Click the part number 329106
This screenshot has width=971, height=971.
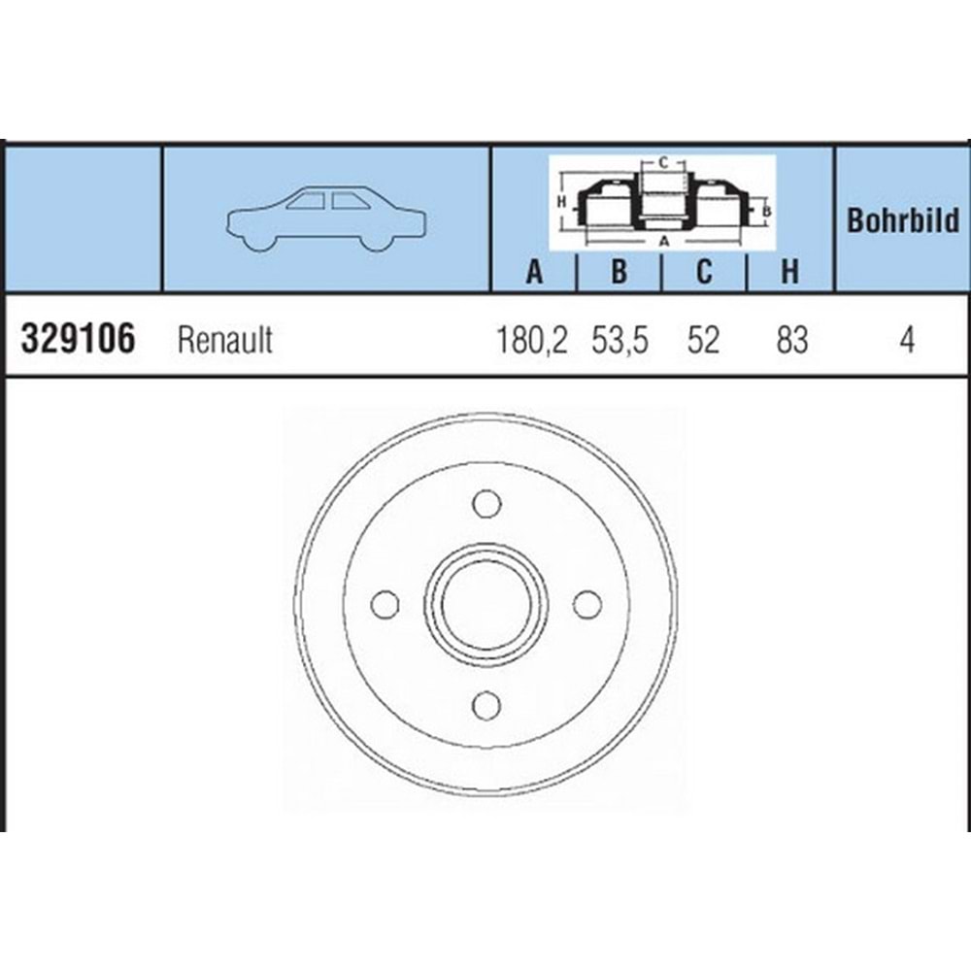coord(77,340)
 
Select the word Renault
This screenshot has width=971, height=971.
coord(225,340)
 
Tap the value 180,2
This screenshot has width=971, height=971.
coord(531,340)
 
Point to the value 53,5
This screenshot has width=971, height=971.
coord(619,340)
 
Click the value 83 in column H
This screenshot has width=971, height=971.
coord(791,340)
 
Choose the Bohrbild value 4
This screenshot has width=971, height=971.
coord(906,340)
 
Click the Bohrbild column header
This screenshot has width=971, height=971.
coord(903,220)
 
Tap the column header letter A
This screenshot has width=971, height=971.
coord(533,273)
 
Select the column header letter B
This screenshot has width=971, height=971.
coord(619,273)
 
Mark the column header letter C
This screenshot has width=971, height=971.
coord(704,273)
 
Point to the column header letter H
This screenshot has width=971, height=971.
coord(790,273)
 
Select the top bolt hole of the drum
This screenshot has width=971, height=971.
coord(486,503)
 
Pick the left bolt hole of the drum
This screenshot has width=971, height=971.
coord(385,604)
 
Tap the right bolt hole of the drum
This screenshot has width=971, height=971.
coord(586,604)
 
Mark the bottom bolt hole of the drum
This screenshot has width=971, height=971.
coord(486,704)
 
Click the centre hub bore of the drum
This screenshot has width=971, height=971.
coord(486,604)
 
